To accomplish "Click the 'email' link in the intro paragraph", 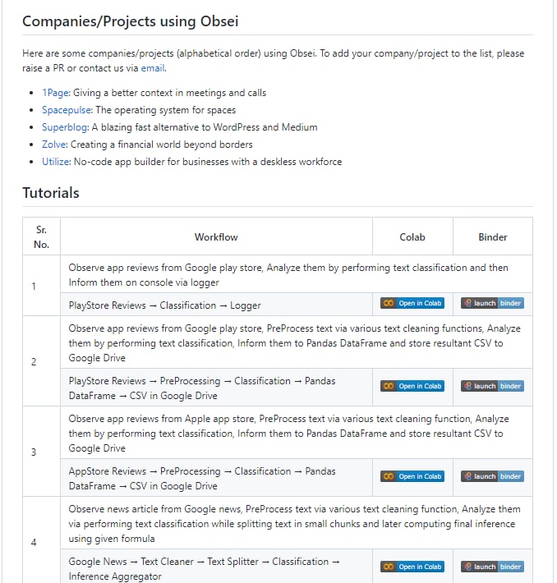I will click(153, 68).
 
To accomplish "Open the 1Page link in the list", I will click(55, 93).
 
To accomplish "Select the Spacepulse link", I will click(67, 110).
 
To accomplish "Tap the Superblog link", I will click(65, 127).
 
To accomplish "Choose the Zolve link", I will click(54, 145).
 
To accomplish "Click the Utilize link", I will click(56, 162).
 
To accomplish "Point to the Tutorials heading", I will click(51, 193).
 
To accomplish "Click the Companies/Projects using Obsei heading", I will click(130, 21).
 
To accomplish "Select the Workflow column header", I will click(216, 237).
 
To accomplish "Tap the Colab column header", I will click(412, 237).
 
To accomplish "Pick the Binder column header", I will click(493, 237).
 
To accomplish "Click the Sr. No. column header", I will click(42, 237).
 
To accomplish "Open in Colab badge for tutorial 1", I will click(412, 303).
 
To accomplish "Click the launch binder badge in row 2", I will click(492, 386).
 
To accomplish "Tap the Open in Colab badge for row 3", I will click(412, 476).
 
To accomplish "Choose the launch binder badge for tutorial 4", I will click(492, 567).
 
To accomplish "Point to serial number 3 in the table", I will click(34, 452).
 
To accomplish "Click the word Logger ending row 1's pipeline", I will click(246, 305).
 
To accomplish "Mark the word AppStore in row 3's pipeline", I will click(88, 471).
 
